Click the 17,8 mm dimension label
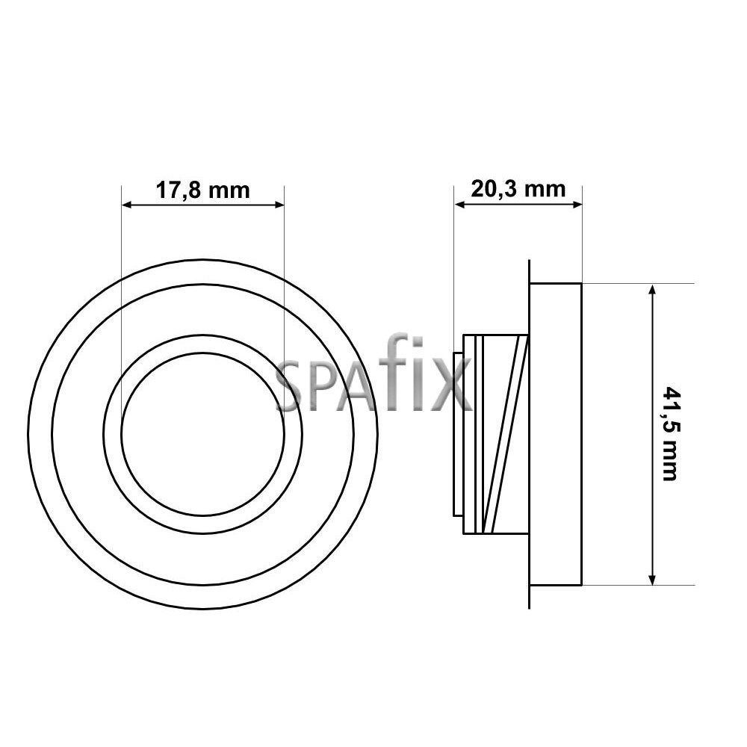click(203, 190)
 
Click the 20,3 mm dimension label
click(518, 189)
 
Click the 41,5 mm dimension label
click(670, 434)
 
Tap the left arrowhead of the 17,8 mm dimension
click(127, 205)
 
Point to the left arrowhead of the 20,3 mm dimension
click(459, 205)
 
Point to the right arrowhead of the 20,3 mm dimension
click(577, 205)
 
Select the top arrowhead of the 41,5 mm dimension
click(653, 290)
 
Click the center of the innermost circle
click(203, 434)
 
